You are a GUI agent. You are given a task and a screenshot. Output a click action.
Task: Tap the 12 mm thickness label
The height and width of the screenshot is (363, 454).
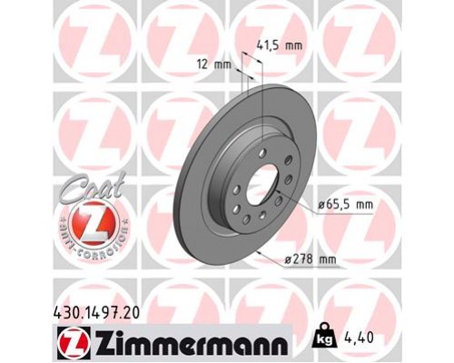click(215, 64)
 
